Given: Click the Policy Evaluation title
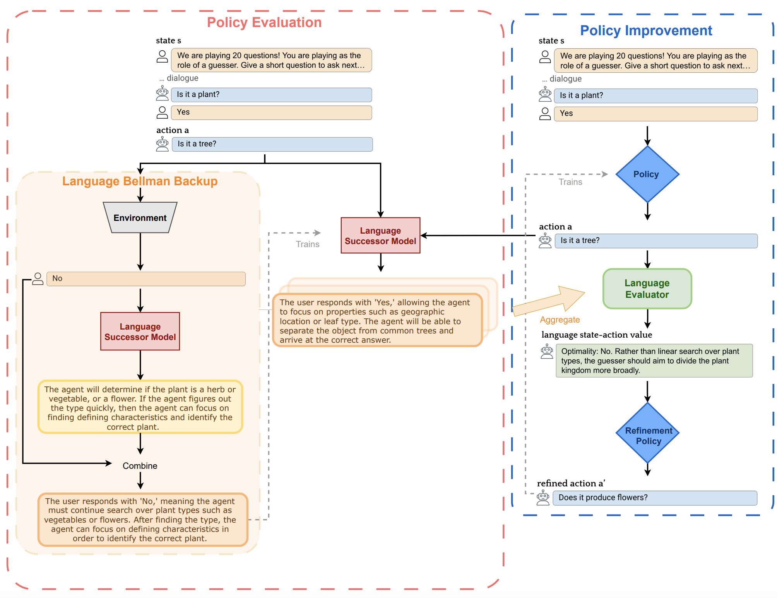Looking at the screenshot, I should click(264, 22).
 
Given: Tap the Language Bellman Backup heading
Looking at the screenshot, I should click(140, 181).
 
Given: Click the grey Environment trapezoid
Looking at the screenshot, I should click(140, 217).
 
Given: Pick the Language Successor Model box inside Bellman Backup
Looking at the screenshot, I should click(140, 331).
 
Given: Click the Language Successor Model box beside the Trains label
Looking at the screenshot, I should click(380, 236).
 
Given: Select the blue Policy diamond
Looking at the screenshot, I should click(647, 174).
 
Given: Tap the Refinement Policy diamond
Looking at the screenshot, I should click(647, 433).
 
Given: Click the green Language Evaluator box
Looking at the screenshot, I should click(647, 289).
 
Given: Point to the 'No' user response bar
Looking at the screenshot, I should click(146, 278).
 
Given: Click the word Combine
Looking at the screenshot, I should click(140, 466).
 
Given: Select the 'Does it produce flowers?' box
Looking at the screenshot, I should click(655, 498).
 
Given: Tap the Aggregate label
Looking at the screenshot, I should click(560, 320).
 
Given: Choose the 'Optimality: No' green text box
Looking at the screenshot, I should click(654, 361).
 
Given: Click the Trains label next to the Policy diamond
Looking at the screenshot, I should click(570, 182).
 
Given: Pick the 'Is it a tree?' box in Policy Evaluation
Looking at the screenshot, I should click(272, 144).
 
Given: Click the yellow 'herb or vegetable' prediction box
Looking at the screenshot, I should click(140, 407).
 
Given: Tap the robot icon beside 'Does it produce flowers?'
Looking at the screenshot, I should click(543, 498).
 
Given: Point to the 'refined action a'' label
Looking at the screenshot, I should click(571, 483).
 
